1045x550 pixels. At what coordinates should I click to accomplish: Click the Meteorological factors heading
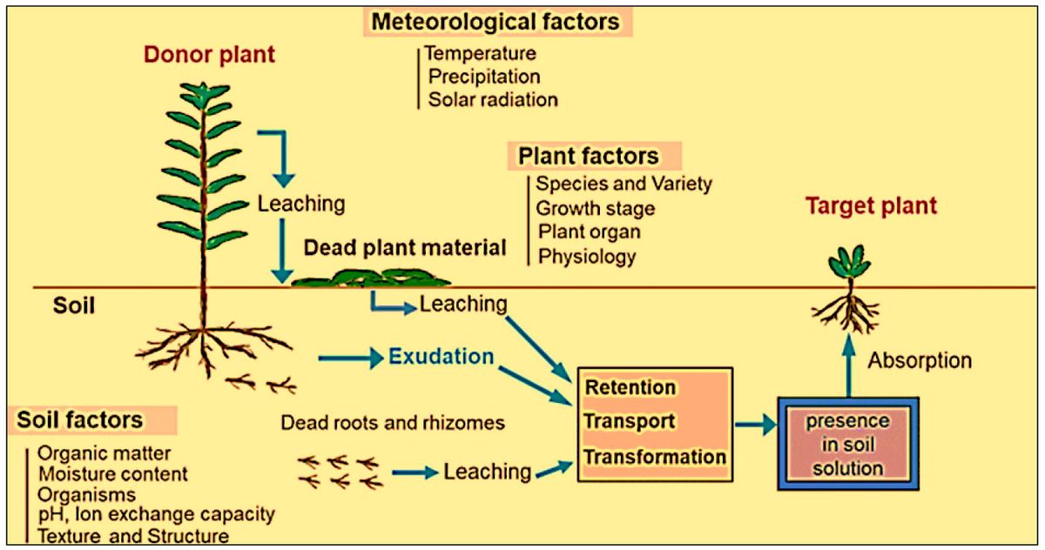(497, 22)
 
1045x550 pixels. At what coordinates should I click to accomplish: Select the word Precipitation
(484, 77)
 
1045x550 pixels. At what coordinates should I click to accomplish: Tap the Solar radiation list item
(493, 99)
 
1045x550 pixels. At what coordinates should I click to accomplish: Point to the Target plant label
(871, 206)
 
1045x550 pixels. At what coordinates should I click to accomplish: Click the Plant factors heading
(589, 157)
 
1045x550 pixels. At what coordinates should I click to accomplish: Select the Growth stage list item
(596, 209)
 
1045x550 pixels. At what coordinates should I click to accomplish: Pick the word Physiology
(587, 256)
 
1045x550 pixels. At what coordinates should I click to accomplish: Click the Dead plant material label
(405, 248)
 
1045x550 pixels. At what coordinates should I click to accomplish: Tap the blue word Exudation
(442, 356)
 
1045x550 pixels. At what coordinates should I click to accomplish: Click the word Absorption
(921, 360)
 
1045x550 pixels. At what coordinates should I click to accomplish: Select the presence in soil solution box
(846, 445)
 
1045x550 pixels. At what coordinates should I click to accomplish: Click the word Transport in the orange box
(630, 421)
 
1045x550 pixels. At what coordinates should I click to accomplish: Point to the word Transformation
(655, 457)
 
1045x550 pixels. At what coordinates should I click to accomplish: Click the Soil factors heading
(80, 420)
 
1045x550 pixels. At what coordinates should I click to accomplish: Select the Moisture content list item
(112, 474)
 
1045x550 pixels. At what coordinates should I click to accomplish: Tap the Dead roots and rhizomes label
(393, 423)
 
